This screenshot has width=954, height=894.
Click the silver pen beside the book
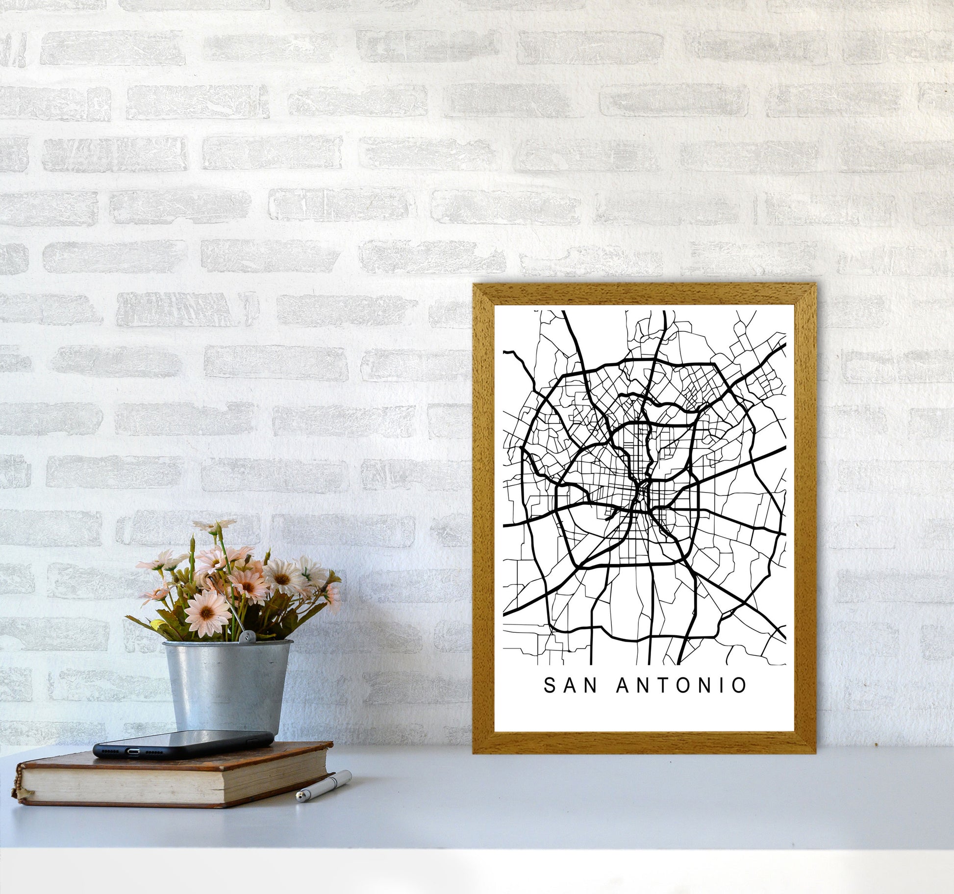[324, 786]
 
